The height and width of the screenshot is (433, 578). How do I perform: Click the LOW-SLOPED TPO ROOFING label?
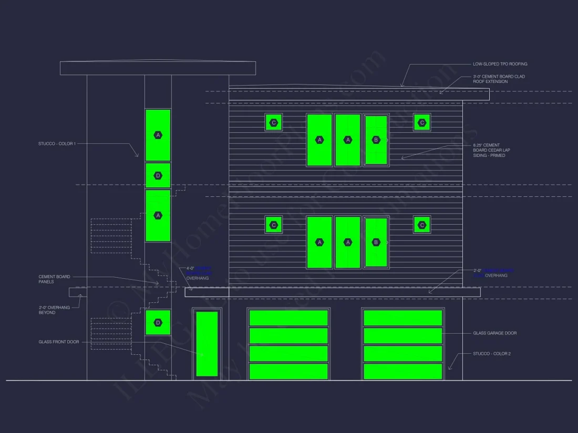pos(500,64)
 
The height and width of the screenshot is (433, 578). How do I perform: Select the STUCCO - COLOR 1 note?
pos(57,143)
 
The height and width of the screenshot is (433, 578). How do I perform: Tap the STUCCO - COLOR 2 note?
pos(491,354)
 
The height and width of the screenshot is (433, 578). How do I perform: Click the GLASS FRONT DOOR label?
pos(59,342)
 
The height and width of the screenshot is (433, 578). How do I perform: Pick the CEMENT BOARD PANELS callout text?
pos(54,279)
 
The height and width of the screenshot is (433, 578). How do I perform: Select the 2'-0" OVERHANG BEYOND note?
pos(54,310)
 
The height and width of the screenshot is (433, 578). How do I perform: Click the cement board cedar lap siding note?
pos(491,150)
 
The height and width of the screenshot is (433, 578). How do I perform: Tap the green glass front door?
pos(207,344)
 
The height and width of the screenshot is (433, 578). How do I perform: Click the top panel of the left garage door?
pos(288,318)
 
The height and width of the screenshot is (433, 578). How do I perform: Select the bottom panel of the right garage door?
pos(403,371)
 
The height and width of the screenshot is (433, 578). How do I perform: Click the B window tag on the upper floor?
pos(376,140)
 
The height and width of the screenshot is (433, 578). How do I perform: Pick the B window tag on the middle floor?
pos(376,242)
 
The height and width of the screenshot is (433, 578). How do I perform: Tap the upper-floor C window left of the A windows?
pos(273,123)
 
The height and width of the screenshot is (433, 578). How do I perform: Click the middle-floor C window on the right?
pos(422,225)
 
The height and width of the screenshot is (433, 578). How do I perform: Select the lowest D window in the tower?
pos(158,322)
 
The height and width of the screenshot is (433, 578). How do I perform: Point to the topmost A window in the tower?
pos(158,135)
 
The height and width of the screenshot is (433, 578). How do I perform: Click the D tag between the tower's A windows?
pos(158,175)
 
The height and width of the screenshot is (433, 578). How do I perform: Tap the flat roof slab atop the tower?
pos(158,68)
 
